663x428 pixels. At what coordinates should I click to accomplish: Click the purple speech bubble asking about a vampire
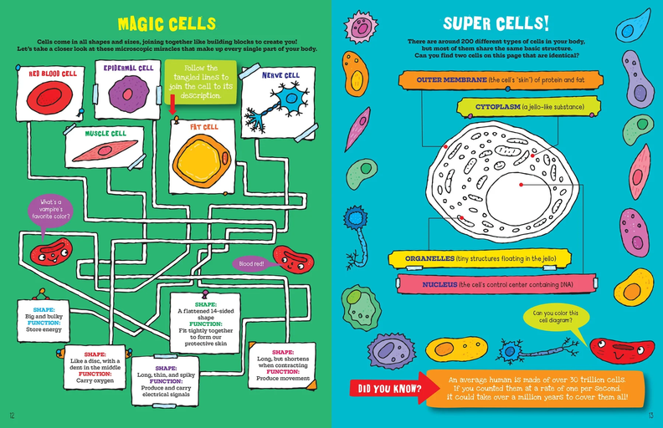[49, 208]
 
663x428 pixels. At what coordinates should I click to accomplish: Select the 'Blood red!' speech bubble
[251, 263]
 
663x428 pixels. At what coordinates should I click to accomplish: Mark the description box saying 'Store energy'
[43, 317]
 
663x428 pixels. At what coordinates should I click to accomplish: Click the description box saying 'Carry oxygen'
[96, 361]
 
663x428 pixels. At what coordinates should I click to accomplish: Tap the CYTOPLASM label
[527, 107]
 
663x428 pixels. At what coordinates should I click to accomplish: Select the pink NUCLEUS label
[486, 284]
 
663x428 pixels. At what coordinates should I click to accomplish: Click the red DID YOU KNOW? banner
[386, 388]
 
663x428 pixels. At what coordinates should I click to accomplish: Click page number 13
[650, 415]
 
